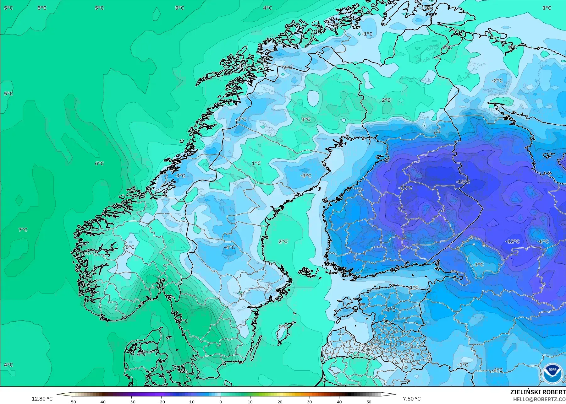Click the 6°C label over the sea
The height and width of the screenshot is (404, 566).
point(99,163)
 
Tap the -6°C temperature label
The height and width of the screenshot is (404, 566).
point(543,241)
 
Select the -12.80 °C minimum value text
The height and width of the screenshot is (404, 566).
point(41,399)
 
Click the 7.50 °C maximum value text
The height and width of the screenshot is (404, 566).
point(411,399)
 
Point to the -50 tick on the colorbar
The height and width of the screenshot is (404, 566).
point(72,401)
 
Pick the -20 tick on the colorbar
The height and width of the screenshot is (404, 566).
point(161,401)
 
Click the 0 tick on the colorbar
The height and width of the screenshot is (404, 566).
point(221,401)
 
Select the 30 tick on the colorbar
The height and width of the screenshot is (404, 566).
point(310,401)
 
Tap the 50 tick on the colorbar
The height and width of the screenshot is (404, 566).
point(369,401)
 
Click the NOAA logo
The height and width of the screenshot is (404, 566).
point(552,374)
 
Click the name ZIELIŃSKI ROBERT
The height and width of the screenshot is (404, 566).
point(538,392)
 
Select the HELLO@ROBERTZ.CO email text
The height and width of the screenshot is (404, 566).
point(539,399)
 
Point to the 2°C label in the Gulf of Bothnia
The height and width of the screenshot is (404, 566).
point(283,241)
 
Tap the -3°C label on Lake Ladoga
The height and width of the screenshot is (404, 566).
point(478,265)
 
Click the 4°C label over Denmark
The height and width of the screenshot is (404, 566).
point(141,354)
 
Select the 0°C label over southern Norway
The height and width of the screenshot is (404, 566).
point(130,247)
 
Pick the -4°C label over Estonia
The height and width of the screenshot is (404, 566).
point(391,310)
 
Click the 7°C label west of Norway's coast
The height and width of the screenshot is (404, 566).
point(23,230)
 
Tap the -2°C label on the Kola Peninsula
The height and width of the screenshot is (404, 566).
point(497,81)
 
